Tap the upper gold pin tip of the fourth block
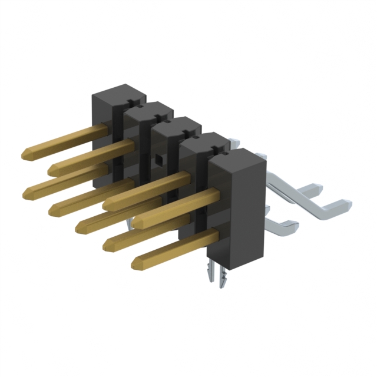pos(108,204)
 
